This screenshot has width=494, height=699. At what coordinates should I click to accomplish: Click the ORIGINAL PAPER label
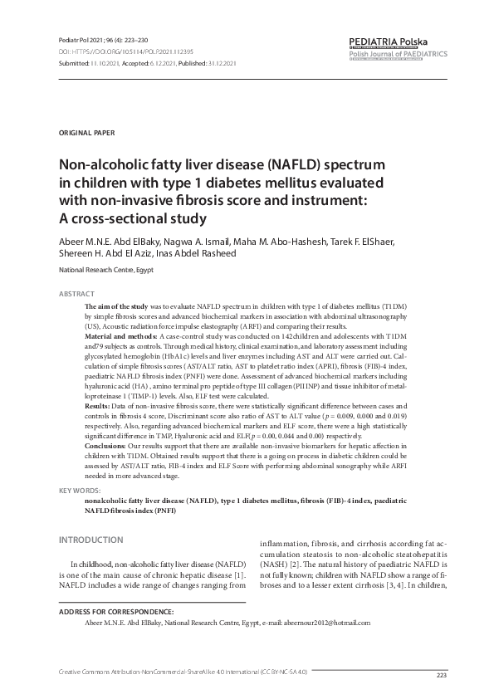point(87,133)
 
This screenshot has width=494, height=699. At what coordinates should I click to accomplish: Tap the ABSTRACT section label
point(76,294)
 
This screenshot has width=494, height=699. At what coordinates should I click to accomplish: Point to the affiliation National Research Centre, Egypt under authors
point(105,271)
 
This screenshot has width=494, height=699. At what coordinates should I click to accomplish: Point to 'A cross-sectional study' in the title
point(131,218)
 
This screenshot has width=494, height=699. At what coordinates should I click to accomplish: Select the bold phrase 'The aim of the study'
point(120,306)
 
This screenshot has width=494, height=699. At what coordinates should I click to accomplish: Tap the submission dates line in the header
point(148,62)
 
